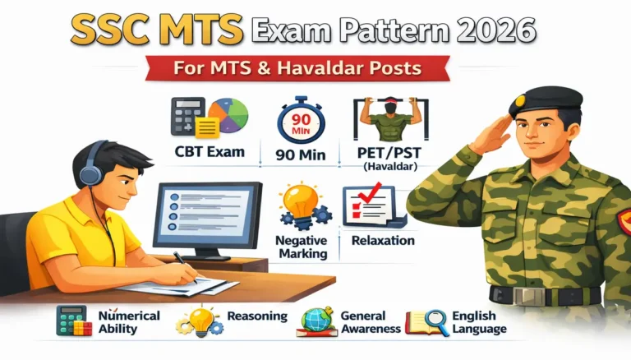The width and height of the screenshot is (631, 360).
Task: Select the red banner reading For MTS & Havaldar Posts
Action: [315, 67]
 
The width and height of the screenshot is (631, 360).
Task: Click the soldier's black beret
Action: [545, 103]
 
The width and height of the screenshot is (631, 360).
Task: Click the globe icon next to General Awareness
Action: [315, 321]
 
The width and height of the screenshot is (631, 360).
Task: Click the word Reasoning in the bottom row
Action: [257, 316]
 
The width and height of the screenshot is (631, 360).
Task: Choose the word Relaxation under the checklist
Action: [383, 241]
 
